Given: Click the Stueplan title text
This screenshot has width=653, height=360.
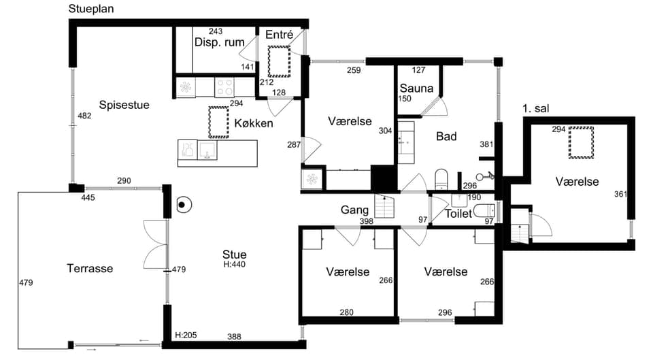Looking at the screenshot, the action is click(90, 9).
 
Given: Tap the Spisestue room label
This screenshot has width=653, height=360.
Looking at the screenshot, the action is click(124, 105).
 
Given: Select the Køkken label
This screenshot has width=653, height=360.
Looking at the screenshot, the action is click(254, 123).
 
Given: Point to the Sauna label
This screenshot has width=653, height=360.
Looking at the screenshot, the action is click(416, 88).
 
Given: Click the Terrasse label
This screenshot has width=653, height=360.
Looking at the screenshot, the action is click(90, 268).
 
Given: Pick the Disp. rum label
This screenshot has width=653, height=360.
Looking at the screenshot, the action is click(220, 42).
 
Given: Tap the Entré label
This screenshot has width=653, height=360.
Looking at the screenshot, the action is click(279, 35).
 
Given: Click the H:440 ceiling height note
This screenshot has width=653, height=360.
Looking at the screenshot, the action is click(235, 265).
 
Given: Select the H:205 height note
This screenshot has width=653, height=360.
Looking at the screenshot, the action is click(186, 335).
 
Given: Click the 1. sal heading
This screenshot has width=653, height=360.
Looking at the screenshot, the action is click(536, 109).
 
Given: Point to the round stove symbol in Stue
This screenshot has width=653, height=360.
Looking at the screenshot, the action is click(182, 205).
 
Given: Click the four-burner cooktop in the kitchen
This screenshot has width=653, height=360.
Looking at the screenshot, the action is click(224, 87).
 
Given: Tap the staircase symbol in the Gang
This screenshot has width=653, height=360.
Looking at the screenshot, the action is click(384, 206).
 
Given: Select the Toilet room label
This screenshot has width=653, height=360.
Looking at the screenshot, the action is click(458, 214).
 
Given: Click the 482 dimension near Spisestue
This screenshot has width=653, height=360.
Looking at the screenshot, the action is click(84, 116).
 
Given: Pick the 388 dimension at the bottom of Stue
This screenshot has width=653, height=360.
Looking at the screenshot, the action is click(234, 337).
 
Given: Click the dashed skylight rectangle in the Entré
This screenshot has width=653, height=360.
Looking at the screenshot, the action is click(279, 61).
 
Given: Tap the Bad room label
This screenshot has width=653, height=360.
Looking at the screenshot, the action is click(446, 136).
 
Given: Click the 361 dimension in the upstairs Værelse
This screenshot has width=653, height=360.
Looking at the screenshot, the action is click(620, 194).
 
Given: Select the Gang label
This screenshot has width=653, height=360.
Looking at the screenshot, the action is click(354, 210).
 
